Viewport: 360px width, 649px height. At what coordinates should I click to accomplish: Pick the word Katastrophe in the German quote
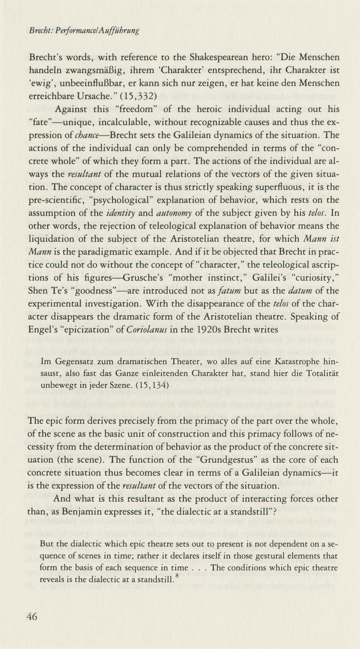tap(291, 362)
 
